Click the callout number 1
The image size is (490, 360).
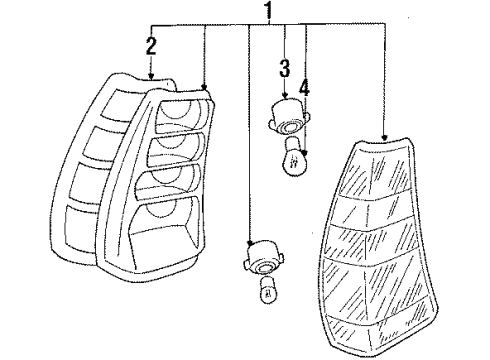pyautogui.click(x=269, y=10)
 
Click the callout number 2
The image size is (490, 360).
pyautogui.click(x=151, y=46)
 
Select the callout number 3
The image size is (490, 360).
pyautogui.click(x=284, y=68)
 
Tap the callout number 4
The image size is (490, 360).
pyautogui.click(x=304, y=88)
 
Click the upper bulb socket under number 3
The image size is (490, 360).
pyautogui.click(x=289, y=116)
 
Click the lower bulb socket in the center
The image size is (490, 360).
pyautogui.click(x=264, y=259)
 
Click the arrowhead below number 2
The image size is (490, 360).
pyautogui.click(x=151, y=77)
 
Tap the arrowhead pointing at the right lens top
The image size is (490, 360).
pyautogui.click(x=385, y=137)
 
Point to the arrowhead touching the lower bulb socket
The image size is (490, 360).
pyautogui.click(x=249, y=243)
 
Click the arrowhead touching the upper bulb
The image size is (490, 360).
pyautogui.click(x=305, y=154)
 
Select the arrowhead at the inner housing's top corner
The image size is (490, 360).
pyautogui.click(x=204, y=86)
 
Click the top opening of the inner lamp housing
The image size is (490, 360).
pyautogui.click(x=182, y=115)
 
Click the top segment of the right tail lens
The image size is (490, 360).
pyautogui.click(x=375, y=167)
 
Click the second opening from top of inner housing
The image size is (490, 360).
pyautogui.click(x=175, y=149)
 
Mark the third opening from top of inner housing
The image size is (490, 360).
pyautogui.click(x=167, y=182)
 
